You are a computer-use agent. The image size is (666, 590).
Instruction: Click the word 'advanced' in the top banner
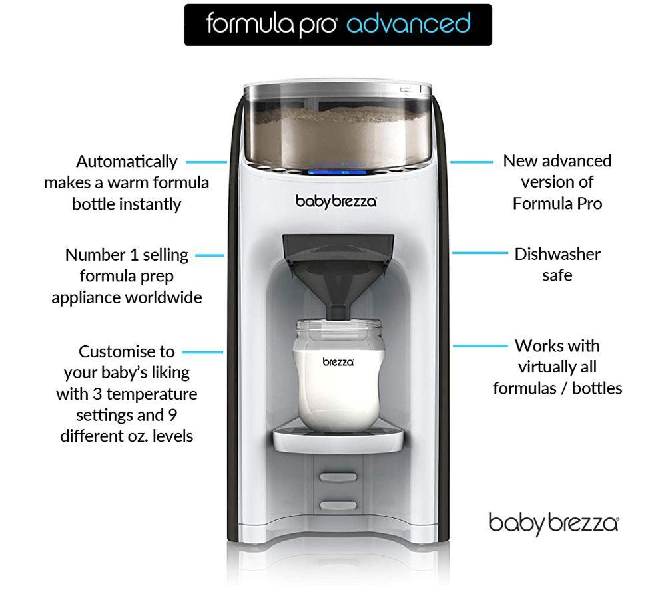click(409, 23)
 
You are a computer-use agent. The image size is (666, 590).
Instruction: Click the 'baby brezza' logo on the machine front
click(336, 201)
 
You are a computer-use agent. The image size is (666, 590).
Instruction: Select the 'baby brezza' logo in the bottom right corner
click(554, 524)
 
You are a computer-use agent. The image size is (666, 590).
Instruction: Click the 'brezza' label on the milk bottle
click(338, 362)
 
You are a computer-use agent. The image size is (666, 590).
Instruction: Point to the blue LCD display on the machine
click(337, 173)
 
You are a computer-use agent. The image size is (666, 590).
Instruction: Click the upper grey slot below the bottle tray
click(338, 477)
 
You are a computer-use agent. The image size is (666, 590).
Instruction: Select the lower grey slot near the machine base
click(338, 505)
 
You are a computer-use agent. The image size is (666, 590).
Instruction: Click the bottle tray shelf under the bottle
click(338, 440)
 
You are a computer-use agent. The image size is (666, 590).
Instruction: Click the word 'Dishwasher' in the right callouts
click(557, 255)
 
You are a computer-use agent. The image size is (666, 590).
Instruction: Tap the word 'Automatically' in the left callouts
click(127, 162)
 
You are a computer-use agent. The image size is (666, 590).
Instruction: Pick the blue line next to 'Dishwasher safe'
click(480, 253)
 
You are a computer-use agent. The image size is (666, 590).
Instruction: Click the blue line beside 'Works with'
click(480, 346)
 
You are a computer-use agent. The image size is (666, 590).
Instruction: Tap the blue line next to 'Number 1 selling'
click(210, 255)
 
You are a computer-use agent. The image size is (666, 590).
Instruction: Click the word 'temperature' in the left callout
click(152, 394)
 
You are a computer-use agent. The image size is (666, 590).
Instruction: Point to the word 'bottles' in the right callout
click(597, 388)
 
